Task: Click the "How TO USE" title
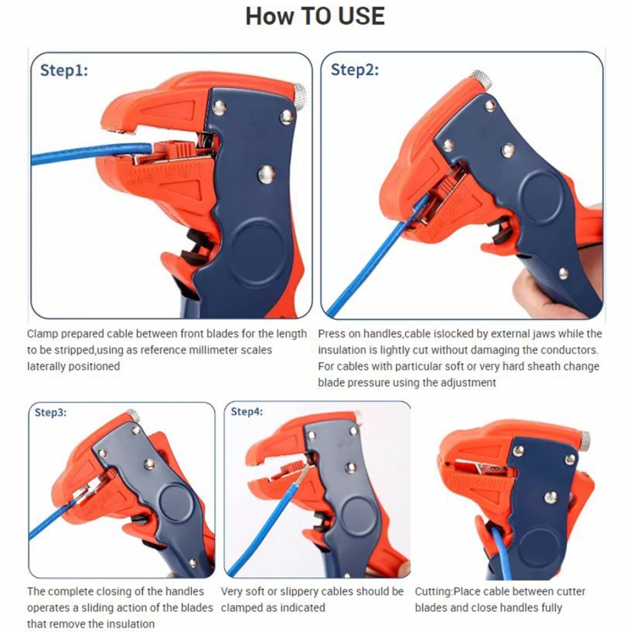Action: pos(315,16)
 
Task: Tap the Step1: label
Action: pos(64,71)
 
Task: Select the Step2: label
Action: pos(355,70)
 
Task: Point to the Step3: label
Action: pos(51,412)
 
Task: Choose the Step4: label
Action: pos(246,411)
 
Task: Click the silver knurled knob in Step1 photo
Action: pos(299,96)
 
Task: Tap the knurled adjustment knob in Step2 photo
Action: pos(481,79)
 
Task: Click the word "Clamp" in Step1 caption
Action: pos(42,333)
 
